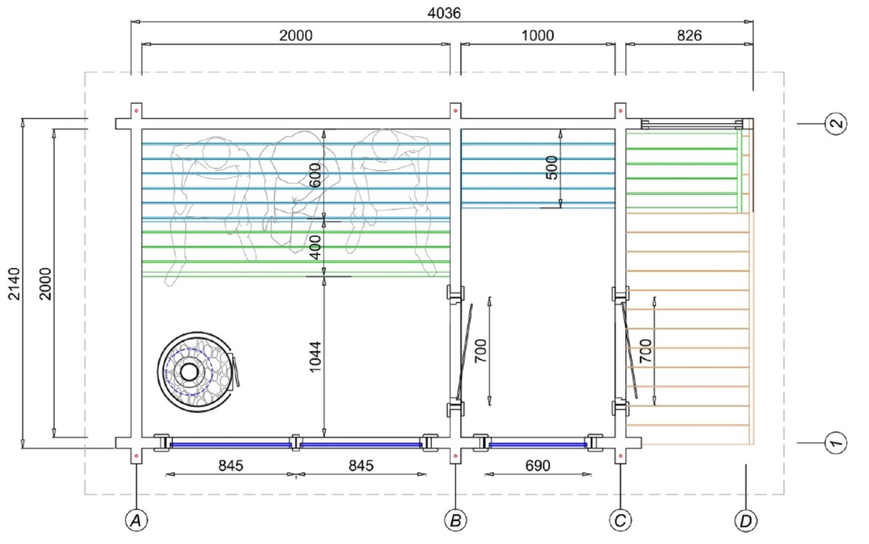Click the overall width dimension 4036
pyautogui.click(x=444, y=12)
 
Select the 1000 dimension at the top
pyautogui.click(x=538, y=35)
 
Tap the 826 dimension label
pyautogui.click(x=689, y=35)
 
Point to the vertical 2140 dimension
pyautogui.click(x=14, y=283)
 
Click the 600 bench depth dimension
pyautogui.click(x=315, y=175)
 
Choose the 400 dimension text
pyautogui.click(x=315, y=247)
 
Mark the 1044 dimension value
pyautogui.click(x=315, y=356)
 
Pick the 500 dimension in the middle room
pyautogui.click(x=551, y=168)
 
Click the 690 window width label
pyautogui.click(x=538, y=465)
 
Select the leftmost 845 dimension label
pyautogui.click(x=230, y=465)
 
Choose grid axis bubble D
pyautogui.click(x=745, y=520)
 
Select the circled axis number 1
pyautogui.click(x=835, y=442)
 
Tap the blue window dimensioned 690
pyautogui.click(x=538, y=445)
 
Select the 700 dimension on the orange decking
pyautogui.click(x=645, y=351)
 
